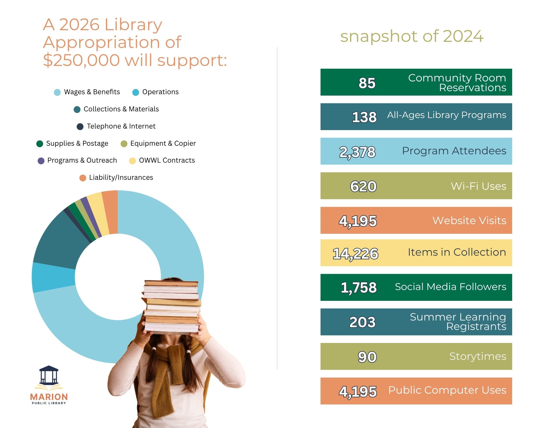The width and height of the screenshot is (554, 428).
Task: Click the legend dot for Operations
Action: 135,92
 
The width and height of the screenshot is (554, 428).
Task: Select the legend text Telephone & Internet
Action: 121,126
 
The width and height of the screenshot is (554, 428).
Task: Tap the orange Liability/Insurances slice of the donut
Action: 110,212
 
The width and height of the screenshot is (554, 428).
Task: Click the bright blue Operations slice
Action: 53,277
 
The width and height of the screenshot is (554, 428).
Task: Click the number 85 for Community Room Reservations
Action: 367,83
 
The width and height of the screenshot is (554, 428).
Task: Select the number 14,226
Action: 355,253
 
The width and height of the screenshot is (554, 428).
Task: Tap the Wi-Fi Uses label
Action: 478,186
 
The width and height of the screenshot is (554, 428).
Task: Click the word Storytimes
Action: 478,356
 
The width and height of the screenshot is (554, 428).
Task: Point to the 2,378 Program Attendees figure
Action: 357,152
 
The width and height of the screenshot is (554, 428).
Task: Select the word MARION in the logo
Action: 49,397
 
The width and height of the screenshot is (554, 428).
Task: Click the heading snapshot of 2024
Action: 412,36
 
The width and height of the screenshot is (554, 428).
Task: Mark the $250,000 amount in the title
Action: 81,60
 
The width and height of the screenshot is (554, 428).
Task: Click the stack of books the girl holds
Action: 172,306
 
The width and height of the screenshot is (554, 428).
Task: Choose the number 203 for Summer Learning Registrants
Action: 362,322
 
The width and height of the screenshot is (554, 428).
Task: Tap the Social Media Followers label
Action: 450,287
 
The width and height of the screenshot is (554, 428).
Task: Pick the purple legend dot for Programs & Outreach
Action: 41,161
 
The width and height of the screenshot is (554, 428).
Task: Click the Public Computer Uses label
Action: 447,390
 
